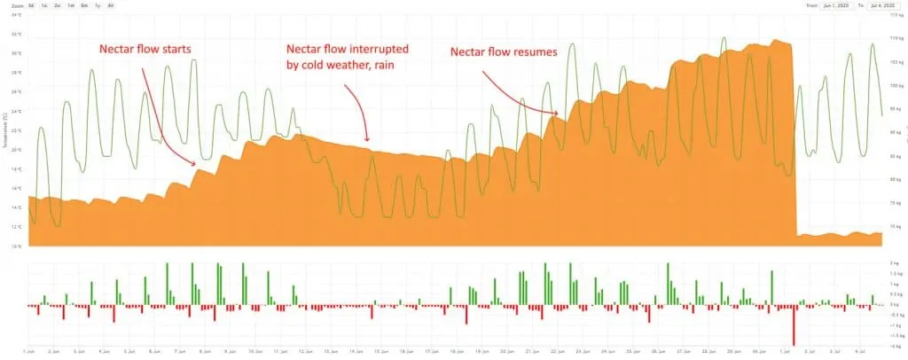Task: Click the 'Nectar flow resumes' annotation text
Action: click(x=504, y=52)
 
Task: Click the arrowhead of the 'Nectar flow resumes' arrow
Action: click(x=556, y=113)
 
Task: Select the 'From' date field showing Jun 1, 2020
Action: click(x=833, y=5)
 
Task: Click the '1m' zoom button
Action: click(x=71, y=5)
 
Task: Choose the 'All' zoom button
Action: click(x=110, y=5)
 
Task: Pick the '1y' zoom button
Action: click(x=97, y=5)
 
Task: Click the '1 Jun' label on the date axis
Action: click(x=29, y=351)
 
